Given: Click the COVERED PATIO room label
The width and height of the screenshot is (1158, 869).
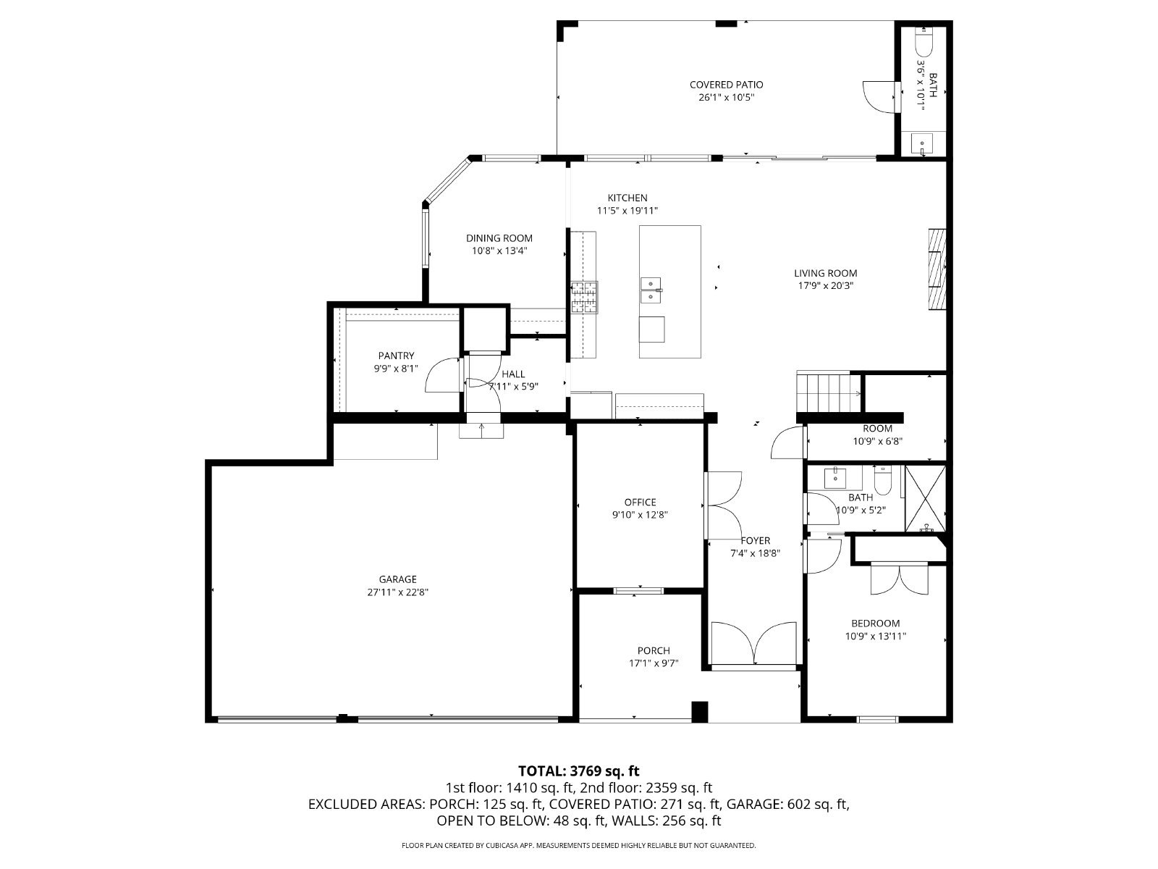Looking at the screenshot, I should click(726, 85).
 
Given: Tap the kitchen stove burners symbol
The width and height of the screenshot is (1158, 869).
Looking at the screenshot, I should click(585, 297).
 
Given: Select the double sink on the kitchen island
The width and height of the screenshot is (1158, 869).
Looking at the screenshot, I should click(651, 288).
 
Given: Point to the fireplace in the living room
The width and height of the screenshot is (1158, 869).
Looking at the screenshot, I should click(937, 269).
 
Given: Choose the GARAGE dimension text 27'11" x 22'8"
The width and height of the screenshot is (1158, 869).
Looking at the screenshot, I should click(397, 592).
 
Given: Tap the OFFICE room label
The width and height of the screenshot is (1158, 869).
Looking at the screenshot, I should click(640, 502).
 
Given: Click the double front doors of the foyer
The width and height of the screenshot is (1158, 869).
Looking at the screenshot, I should click(753, 643).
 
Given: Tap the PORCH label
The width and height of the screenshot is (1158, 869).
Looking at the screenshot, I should click(654, 650).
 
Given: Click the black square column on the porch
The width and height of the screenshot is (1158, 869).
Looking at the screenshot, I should click(699, 711).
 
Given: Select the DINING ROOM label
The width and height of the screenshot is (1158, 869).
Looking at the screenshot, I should click(499, 238).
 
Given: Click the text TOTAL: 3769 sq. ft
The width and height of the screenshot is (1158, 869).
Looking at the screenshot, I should click(578, 771).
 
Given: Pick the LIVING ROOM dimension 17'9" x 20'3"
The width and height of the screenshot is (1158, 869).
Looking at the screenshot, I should click(825, 285).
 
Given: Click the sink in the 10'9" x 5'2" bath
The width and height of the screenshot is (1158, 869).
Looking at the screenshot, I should click(837, 477).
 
